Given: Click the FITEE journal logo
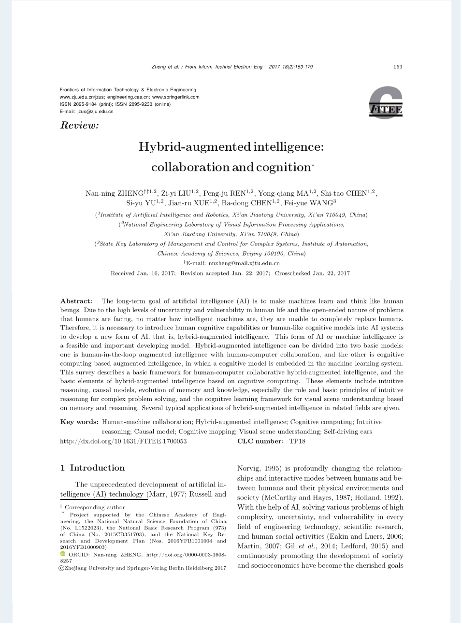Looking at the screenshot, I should (386, 103).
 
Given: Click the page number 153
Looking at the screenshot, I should (398, 67).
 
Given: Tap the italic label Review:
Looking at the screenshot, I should (79, 126).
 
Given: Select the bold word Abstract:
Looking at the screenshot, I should (76, 301).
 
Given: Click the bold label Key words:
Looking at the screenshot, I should (79, 422).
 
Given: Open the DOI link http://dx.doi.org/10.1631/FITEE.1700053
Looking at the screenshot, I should (123, 441).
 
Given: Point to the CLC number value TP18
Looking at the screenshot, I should (297, 441).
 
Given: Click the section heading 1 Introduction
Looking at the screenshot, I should (92, 468).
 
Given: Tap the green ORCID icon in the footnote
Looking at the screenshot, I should (62, 554).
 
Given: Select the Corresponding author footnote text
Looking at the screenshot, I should (95, 507).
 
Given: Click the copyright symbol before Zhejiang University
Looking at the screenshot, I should (61, 568).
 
